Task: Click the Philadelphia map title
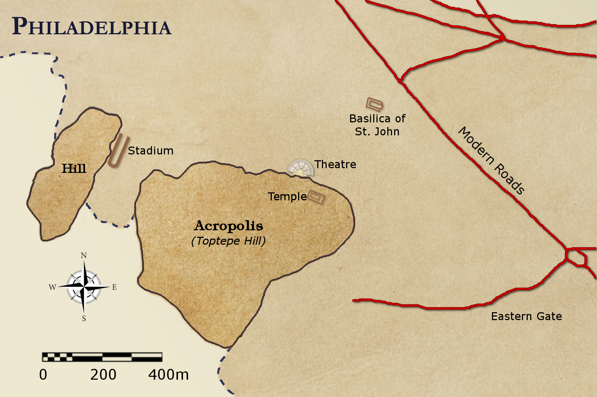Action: click(92, 27)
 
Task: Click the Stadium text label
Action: click(151, 150)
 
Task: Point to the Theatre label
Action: click(335, 165)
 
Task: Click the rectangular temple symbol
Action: click(317, 197)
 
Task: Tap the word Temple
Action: click(287, 197)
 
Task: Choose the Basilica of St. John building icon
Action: click(374, 105)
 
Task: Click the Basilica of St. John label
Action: click(377, 125)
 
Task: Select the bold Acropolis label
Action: click(229, 226)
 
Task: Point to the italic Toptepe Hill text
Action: click(228, 241)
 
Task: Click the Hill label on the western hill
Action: click(74, 169)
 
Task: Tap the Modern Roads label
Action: click(491, 161)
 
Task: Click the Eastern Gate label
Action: click(526, 317)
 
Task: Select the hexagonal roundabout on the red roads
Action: click(575, 257)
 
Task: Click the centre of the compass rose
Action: click(84, 287)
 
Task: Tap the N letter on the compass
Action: click(84, 256)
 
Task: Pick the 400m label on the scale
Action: click(169, 375)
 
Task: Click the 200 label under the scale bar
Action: click(103, 375)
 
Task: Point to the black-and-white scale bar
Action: click(102, 357)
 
